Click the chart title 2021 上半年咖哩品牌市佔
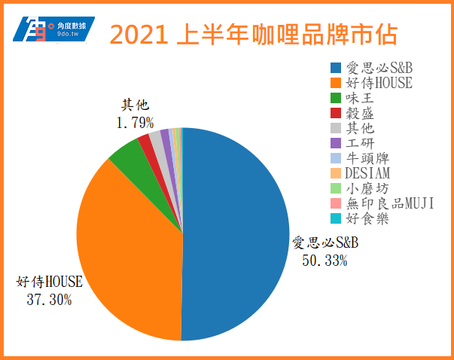click(x=253, y=35)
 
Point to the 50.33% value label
click(x=325, y=260)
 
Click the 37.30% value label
click(x=50, y=300)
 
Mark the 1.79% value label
click(x=136, y=121)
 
